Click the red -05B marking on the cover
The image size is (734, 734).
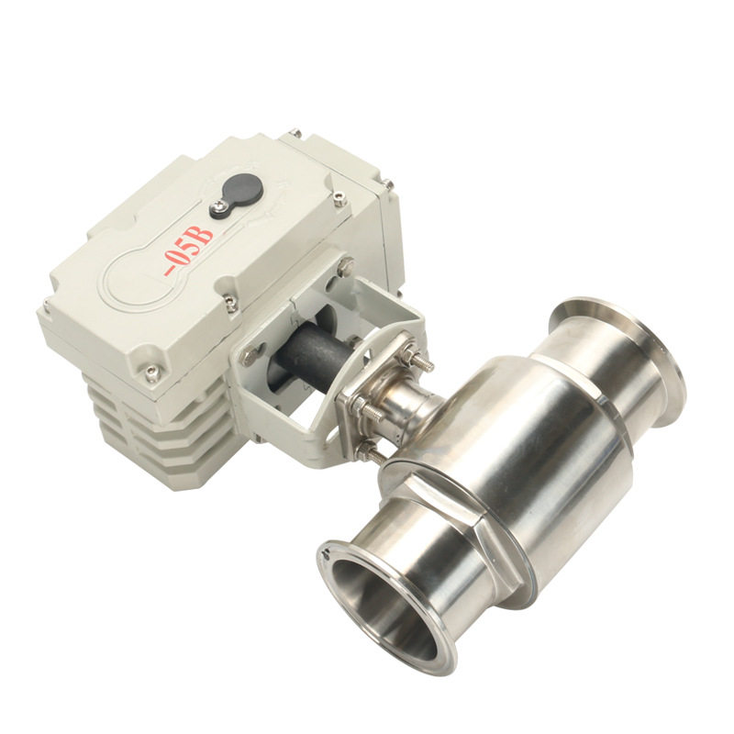point(189,250)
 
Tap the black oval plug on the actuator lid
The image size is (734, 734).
point(241,190)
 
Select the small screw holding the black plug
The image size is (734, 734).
point(217,205)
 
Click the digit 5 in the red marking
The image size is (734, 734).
point(191,250)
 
